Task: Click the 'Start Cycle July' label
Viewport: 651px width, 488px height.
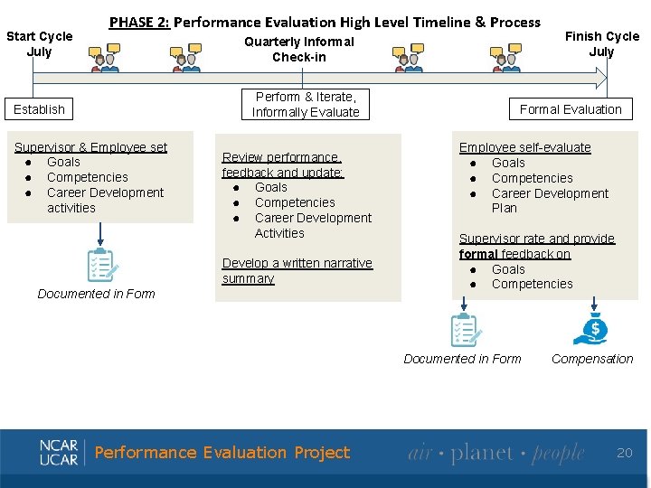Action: [x=39, y=43]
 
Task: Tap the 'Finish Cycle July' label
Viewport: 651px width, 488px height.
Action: [x=601, y=43]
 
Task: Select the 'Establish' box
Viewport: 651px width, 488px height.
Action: [x=40, y=109]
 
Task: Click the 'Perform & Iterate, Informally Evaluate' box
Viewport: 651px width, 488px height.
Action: [x=306, y=105]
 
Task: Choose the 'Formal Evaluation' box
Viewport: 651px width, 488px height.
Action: [x=571, y=109]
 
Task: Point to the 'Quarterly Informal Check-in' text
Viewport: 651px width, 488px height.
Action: [x=299, y=49]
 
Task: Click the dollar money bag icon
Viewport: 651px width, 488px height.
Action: [x=591, y=329]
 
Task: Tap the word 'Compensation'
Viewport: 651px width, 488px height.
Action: [x=592, y=359]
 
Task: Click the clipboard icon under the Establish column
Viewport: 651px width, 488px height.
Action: [x=100, y=265]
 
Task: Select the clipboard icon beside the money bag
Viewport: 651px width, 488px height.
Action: [x=464, y=329]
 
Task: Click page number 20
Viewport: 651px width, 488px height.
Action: [x=625, y=452]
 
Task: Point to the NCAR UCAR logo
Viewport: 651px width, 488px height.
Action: [x=59, y=452]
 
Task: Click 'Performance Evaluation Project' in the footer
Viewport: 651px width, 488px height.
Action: [x=222, y=453]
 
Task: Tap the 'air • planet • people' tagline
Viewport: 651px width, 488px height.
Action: [x=495, y=453]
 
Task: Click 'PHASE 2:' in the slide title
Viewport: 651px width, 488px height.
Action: [x=138, y=22]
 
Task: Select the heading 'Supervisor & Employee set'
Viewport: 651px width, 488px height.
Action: [x=90, y=146]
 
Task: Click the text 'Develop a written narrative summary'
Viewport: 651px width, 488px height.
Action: [x=297, y=270]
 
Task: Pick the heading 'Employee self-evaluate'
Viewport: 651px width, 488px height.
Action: [x=524, y=147]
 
